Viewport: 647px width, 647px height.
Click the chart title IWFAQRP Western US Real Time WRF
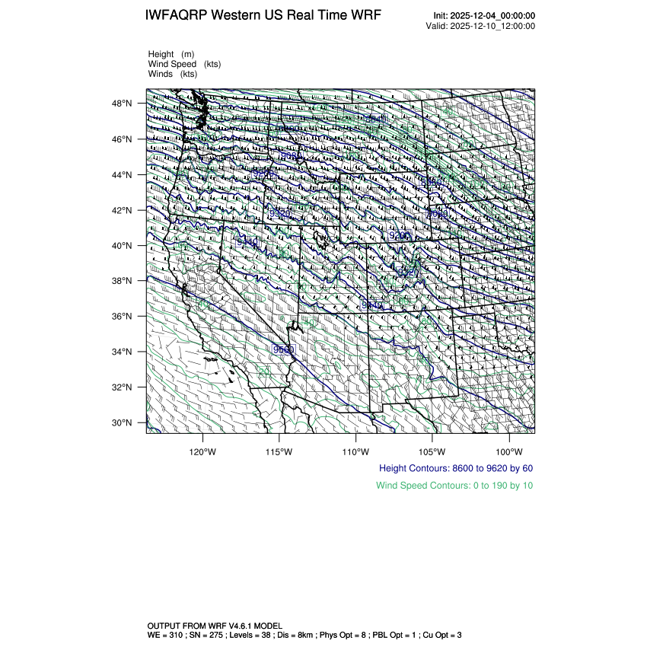(x=263, y=15)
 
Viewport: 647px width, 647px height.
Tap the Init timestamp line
(x=484, y=15)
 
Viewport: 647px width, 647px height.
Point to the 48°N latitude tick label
(x=124, y=104)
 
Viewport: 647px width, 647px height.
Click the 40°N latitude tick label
(x=124, y=246)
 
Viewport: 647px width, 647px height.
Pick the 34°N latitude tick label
(x=124, y=352)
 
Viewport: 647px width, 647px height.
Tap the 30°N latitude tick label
(x=124, y=422)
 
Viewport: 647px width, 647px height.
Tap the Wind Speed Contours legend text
(x=454, y=485)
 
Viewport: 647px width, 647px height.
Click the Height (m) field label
(x=171, y=54)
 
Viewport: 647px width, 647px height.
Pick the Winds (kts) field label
(x=173, y=74)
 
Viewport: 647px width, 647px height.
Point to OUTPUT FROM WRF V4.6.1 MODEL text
(x=215, y=624)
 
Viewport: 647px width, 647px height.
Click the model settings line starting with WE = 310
(x=304, y=634)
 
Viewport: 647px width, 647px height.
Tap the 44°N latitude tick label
(x=124, y=175)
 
